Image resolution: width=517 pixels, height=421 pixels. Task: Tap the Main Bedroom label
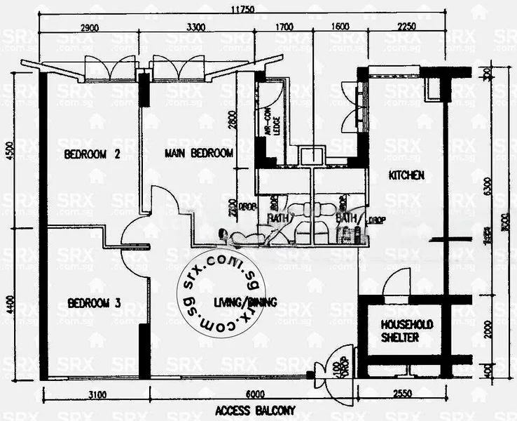point(199,153)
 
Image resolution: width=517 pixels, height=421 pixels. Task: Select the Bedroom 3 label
point(95,303)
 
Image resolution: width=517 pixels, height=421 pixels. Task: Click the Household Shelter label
point(407,331)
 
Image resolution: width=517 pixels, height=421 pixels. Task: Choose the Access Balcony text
point(256,410)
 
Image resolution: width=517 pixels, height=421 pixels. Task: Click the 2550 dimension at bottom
point(401,394)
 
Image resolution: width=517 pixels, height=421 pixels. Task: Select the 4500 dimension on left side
point(9,154)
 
